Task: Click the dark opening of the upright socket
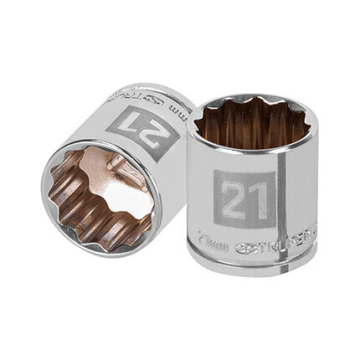253,126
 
